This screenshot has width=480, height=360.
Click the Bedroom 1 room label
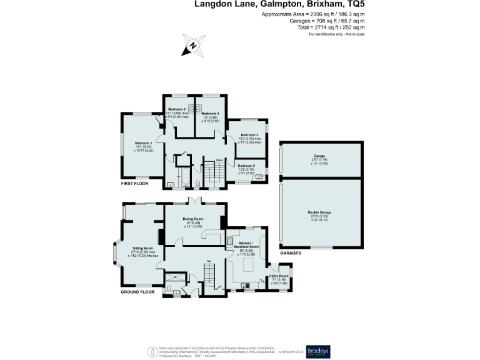point(143,143)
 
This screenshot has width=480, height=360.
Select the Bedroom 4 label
point(209,113)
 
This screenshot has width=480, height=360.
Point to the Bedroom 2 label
point(250,135)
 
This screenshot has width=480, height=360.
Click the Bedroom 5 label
point(245,165)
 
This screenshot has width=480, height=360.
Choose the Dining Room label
point(193,219)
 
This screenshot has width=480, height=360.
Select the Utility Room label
point(279,276)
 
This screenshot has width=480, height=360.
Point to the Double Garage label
point(319,212)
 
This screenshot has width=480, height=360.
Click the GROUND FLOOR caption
point(137,292)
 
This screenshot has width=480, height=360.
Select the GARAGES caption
point(291,253)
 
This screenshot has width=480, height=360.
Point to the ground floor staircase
point(209,272)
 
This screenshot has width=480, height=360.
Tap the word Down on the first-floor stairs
point(219,160)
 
